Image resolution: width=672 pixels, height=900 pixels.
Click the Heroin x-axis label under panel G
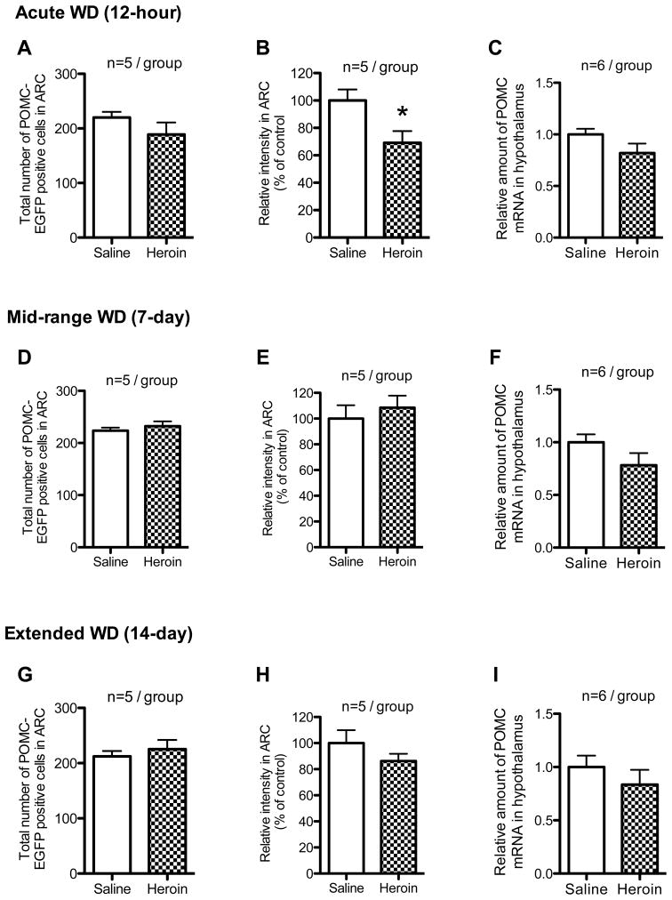[165, 889]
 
